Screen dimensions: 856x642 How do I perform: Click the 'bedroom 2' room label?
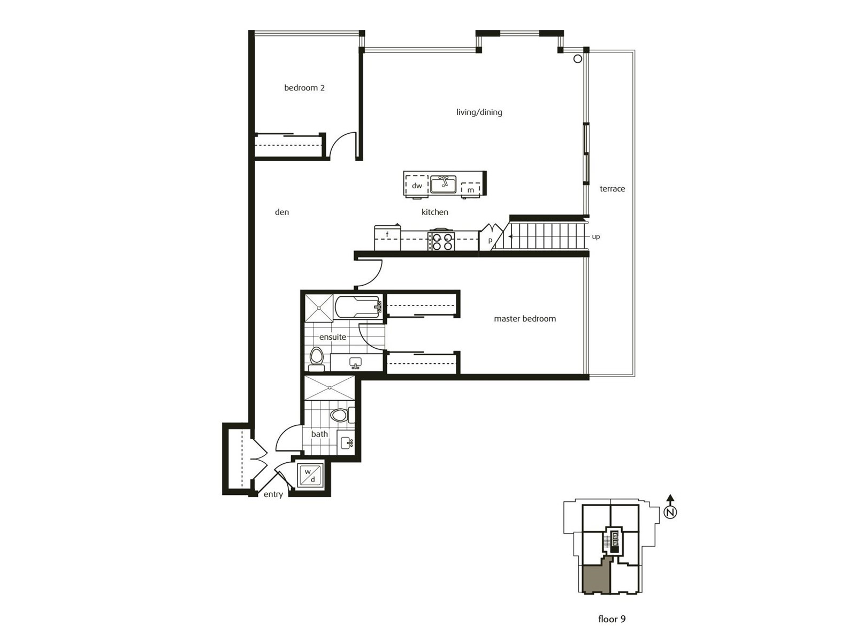(x=304, y=88)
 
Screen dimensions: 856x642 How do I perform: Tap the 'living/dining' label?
(x=479, y=112)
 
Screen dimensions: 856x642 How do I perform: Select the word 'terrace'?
(x=612, y=189)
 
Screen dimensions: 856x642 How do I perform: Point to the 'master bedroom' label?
(x=525, y=318)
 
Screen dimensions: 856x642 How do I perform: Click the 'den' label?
(x=282, y=212)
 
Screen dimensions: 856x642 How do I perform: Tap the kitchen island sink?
(x=444, y=184)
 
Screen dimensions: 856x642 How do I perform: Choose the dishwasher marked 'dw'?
(x=417, y=186)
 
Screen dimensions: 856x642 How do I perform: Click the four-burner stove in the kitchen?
(x=441, y=241)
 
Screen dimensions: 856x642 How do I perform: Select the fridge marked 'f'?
(x=387, y=238)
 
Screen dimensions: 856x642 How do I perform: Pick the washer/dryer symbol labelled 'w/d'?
(x=310, y=475)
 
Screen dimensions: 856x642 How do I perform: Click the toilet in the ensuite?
(x=317, y=358)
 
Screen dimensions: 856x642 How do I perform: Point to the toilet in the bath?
(x=342, y=415)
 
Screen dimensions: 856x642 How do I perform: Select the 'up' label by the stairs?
(x=596, y=236)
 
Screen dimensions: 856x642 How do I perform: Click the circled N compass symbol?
(x=670, y=513)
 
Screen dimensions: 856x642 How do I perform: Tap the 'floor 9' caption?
(x=612, y=618)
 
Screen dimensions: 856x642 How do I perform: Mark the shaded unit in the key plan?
(x=595, y=582)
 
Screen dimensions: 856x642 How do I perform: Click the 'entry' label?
(x=273, y=494)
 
